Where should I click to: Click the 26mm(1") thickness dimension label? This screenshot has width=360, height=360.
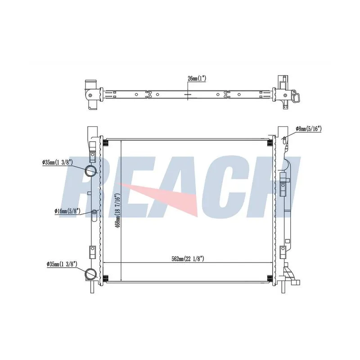coord(197,78)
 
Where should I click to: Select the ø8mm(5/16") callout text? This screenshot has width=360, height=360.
coord(308,129)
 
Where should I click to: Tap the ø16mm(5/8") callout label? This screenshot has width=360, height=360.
coord(67,211)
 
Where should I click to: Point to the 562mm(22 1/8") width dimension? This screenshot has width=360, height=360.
coord(188,259)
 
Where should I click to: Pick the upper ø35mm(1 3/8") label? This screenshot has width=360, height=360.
coord(58,162)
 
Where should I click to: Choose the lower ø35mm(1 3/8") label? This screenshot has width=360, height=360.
coord(62,265)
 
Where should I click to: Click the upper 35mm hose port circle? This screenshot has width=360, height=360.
coord(91,171)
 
